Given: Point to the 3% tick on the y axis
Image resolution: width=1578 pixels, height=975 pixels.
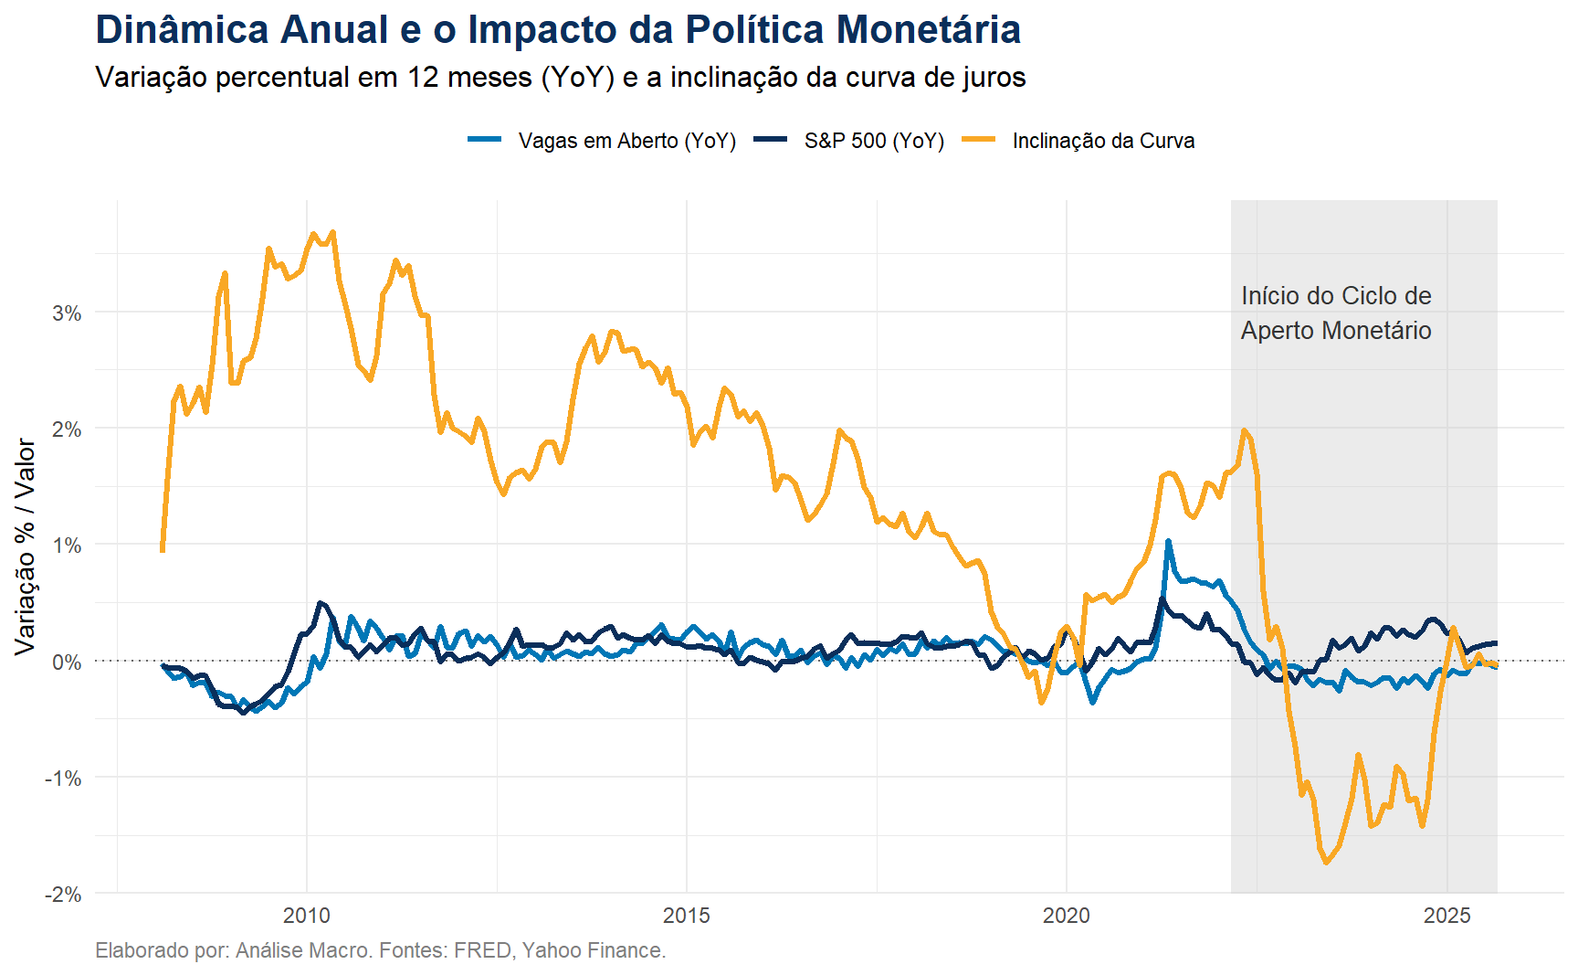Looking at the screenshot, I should coord(67,313).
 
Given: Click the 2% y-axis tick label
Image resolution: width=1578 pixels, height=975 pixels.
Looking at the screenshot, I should coord(67,429).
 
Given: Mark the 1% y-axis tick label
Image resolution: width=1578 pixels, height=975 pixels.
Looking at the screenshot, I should coord(67,546).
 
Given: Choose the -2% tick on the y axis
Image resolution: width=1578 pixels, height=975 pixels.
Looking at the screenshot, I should coord(63,895).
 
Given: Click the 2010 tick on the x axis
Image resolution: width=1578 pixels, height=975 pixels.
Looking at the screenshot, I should coord(307,916).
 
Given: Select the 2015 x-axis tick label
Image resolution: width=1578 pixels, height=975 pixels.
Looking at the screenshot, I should coord(687,916).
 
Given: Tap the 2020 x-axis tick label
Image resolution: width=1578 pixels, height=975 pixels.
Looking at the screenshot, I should coord(1067,916).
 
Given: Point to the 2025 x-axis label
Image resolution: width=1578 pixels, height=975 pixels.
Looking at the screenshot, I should coord(1446,916).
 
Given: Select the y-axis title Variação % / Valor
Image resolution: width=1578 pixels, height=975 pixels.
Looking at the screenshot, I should coord(25,546).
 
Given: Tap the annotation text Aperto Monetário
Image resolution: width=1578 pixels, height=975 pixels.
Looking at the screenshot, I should coord(1335,331).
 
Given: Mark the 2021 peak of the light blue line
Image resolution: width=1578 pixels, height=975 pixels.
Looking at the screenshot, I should coord(1168,542).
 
